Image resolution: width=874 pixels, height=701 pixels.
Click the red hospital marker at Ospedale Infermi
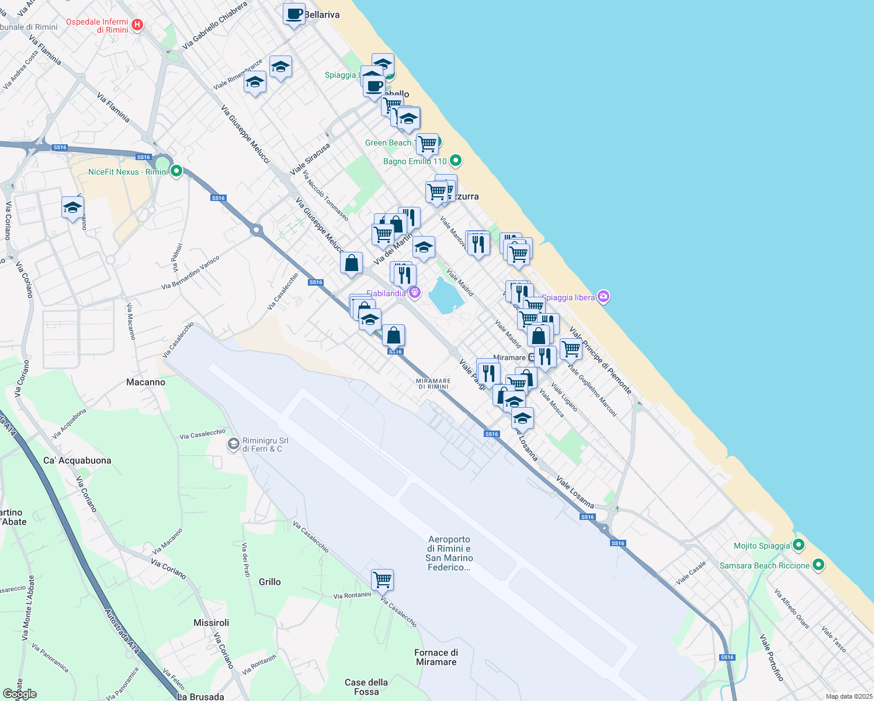point(137,25)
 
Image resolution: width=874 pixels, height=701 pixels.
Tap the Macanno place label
point(145,382)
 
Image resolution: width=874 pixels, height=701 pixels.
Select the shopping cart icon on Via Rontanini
point(382,580)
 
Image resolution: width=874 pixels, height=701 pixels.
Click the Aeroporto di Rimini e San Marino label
point(449,553)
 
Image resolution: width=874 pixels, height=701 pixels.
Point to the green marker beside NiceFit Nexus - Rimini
point(176,171)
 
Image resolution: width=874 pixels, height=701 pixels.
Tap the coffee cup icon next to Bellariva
point(294,14)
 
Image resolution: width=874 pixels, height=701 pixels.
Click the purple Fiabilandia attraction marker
point(415,293)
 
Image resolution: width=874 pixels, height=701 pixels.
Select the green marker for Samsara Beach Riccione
point(818,565)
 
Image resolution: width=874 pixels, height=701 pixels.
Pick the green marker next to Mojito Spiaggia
point(799,546)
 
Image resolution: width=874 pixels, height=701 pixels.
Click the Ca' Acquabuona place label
point(77,460)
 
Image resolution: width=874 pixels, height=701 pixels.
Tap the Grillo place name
point(270,582)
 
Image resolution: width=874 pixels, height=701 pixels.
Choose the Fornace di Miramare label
point(436,657)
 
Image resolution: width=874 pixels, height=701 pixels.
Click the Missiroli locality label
point(211,623)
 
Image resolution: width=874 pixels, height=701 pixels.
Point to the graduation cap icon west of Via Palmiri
point(72,207)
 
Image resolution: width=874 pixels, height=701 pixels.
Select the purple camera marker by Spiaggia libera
point(604,297)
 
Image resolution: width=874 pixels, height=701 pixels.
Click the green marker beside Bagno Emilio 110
point(456,161)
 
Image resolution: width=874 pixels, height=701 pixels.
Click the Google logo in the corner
point(20,694)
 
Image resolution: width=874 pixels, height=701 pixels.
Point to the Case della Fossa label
point(366,687)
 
